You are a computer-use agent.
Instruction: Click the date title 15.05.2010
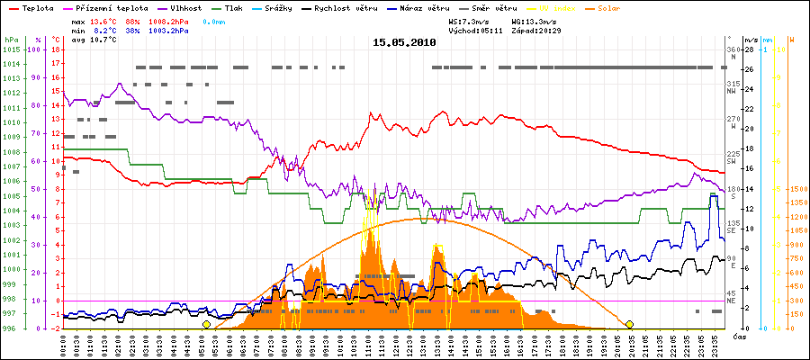coord(404,42)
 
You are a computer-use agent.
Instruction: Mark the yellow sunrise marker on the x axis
coord(206,324)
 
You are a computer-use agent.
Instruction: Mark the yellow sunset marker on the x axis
coord(629,324)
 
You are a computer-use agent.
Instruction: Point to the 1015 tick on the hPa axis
coord(10,49)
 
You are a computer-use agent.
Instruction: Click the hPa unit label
coord(10,40)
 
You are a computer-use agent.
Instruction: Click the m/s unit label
coord(751,40)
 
